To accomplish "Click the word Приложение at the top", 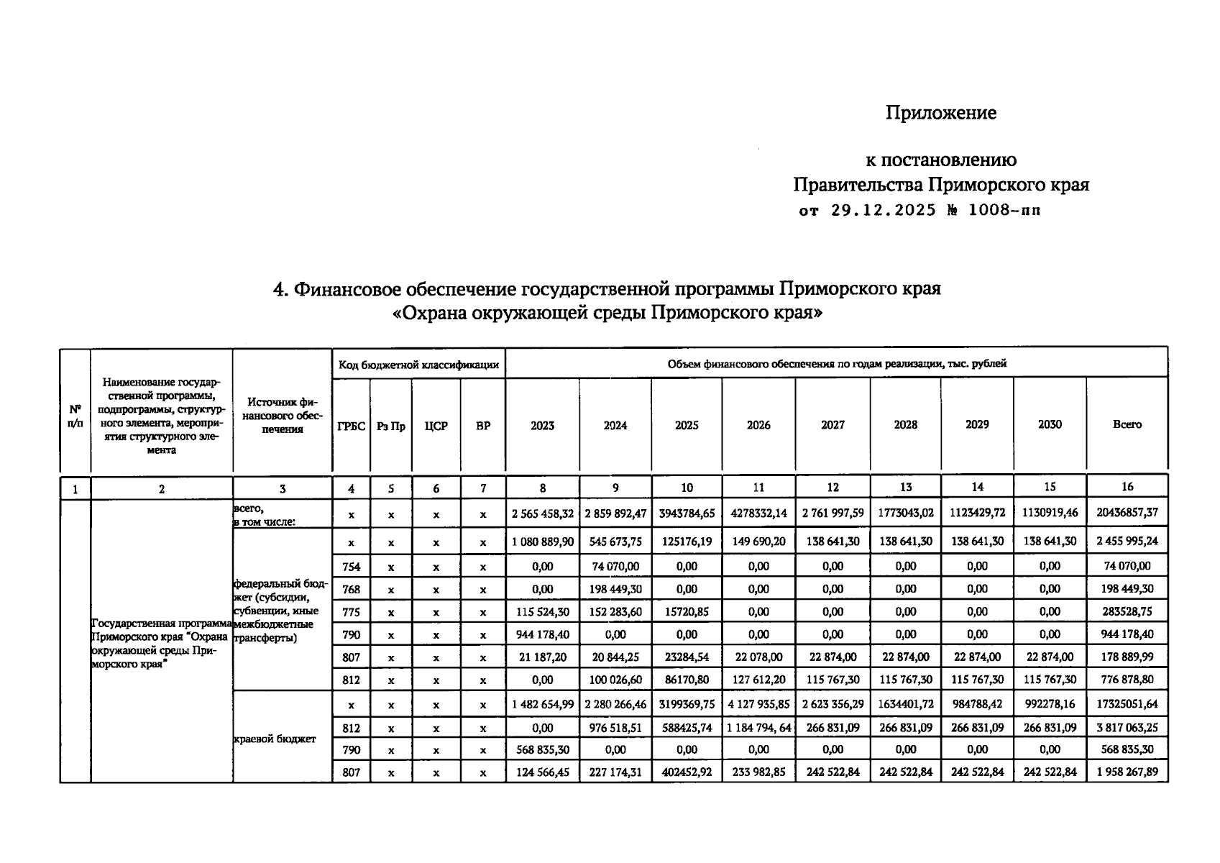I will (x=940, y=113).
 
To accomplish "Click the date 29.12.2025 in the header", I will (x=884, y=211).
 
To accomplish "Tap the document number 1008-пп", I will (x=1004, y=211).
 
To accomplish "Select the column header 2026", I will (x=758, y=425).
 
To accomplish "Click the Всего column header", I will (x=1127, y=424).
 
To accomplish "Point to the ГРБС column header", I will (x=351, y=426).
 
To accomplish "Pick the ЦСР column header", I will (x=436, y=426).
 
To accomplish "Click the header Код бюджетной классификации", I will (x=418, y=365).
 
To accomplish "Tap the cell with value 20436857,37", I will (x=1127, y=514).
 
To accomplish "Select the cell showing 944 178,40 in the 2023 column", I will (x=542, y=634).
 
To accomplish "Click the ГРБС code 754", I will (x=351, y=567).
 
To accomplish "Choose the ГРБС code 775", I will (x=351, y=612).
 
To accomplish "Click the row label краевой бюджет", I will (x=275, y=739).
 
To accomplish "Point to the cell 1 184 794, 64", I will (x=758, y=727).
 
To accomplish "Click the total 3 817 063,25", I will (x=1127, y=727).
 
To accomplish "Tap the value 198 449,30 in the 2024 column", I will (x=615, y=589).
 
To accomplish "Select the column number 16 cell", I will (x=1127, y=487).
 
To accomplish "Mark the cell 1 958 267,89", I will (x=1127, y=772).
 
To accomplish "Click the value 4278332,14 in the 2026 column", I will (x=758, y=514).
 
